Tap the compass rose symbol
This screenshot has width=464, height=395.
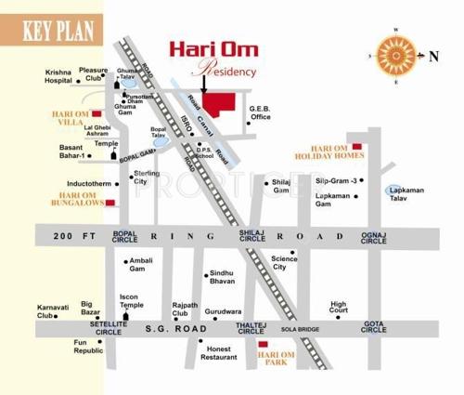point(393,55)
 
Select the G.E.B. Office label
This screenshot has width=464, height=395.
point(259,113)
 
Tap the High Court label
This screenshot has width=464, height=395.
point(339,308)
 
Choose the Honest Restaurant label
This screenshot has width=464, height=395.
point(219,351)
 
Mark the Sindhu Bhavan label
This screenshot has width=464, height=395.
point(222,274)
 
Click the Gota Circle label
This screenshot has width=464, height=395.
point(373,327)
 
